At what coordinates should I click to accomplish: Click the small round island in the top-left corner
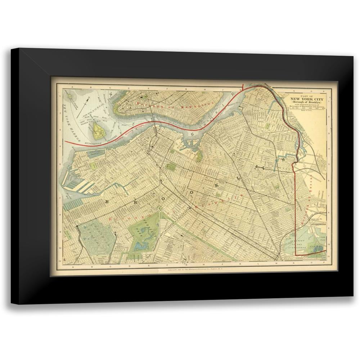[x=71, y=96]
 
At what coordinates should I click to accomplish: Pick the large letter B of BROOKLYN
[x=107, y=203]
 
